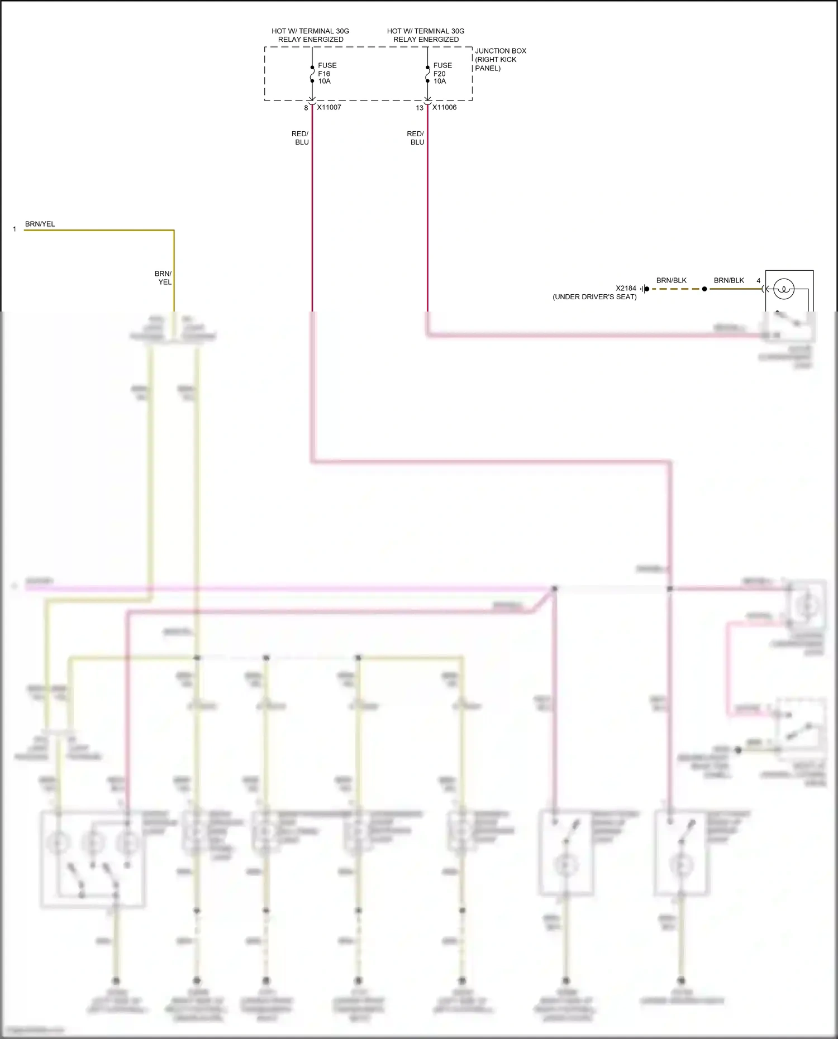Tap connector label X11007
coord(329,107)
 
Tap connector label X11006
coord(444,107)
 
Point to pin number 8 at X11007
coord(306,108)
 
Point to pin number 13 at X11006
coord(420,108)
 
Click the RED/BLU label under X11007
coord(300,138)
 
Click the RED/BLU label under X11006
coord(416,138)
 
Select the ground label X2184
coord(626,288)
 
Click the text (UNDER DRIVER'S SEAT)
coord(594,297)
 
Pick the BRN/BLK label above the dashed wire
coord(671,280)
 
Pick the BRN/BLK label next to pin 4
coord(729,280)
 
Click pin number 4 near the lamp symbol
coord(758,281)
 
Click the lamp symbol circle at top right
coord(783,289)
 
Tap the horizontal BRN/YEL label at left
coord(40,224)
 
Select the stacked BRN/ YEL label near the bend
coord(164,278)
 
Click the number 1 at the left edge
coord(15,229)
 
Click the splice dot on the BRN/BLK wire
coord(704,289)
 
